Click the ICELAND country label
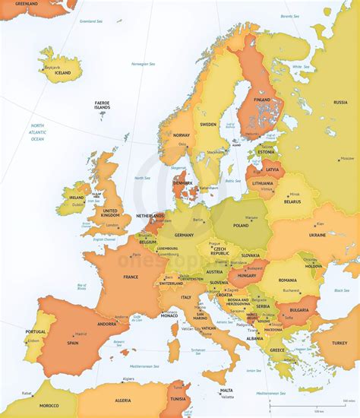click(53, 72)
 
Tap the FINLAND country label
click(262, 100)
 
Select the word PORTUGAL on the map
click(36, 331)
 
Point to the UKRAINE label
click(317, 236)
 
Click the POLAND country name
click(241, 226)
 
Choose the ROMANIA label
click(287, 280)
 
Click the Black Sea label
click(341, 290)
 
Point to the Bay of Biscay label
click(81, 287)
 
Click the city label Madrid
click(81, 334)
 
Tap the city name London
click(112, 225)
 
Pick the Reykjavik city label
click(52, 67)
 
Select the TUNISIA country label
click(178, 399)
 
